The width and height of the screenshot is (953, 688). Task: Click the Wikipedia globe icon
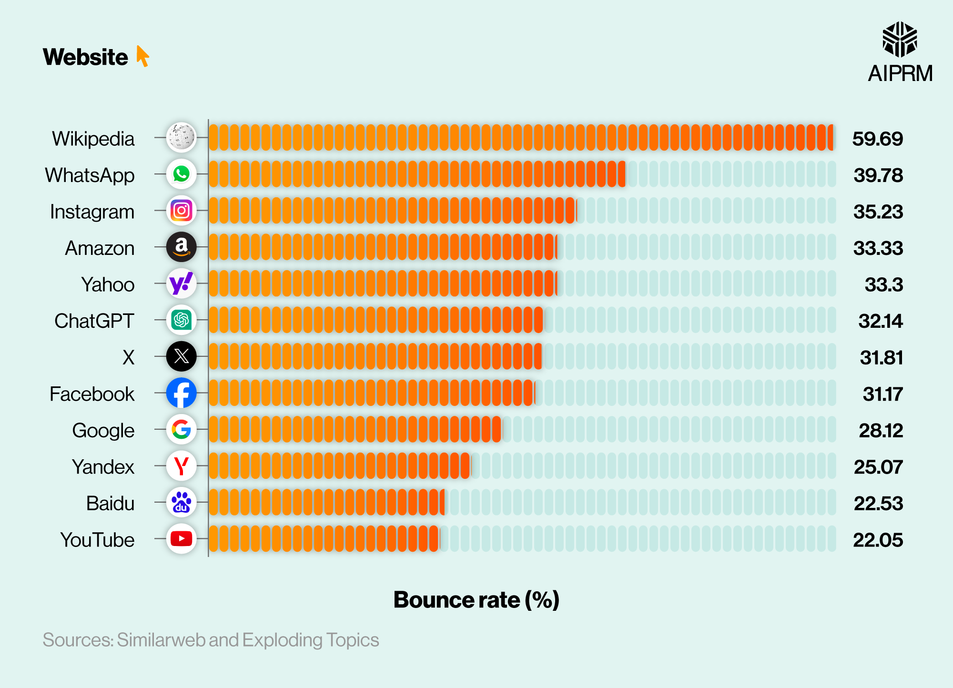(181, 137)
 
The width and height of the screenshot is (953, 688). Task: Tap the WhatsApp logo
(181, 174)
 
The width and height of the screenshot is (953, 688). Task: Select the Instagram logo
(181, 211)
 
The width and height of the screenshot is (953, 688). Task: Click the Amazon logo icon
(181, 247)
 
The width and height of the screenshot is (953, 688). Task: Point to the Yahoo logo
(181, 283)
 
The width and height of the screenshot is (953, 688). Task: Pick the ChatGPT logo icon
(181, 320)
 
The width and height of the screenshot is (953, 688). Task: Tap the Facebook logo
(181, 393)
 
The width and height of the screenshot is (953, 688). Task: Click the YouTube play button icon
(181, 539)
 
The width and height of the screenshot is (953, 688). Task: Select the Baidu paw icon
(181, 502)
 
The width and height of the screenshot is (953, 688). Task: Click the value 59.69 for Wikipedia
(877, 139)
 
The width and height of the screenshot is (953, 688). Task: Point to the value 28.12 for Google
(881, 431)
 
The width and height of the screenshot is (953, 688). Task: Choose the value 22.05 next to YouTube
(878, 540)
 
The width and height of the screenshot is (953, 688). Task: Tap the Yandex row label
(103, 467)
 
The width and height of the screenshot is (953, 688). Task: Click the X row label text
(128, 357)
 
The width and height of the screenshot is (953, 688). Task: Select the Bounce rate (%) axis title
(476, 600)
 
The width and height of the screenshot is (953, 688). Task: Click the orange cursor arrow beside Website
(142, 56)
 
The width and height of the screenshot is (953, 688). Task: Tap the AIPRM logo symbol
(900, 39)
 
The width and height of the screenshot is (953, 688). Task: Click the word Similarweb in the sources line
(162, 640)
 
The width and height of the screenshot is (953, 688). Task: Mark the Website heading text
(85, 57)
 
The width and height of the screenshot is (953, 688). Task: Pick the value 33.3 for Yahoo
(883, 285)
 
